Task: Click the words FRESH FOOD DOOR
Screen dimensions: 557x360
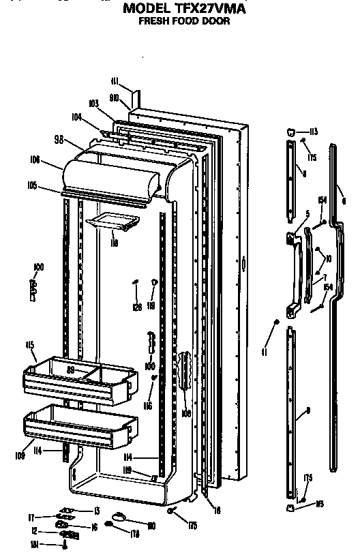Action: pyautogui.click(x=184, y=21)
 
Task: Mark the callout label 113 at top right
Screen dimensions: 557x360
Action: pyautogui.click(x=314, y=132)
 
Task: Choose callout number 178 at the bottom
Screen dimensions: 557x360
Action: pyautogui.click(x=135, y=535)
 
